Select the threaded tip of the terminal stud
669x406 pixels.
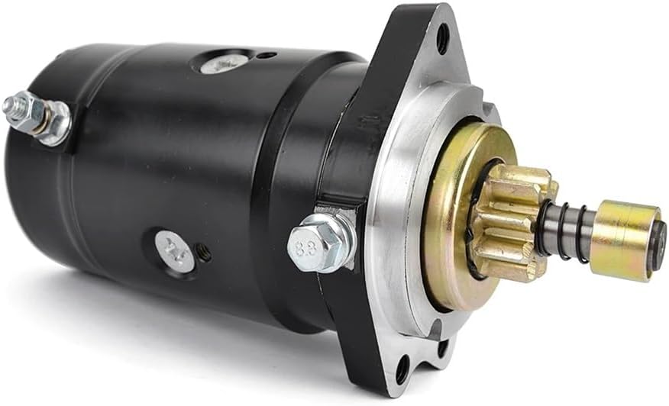(11, 106)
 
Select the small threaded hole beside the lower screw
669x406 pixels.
(204, 253)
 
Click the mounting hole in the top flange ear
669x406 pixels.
(442, 38)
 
